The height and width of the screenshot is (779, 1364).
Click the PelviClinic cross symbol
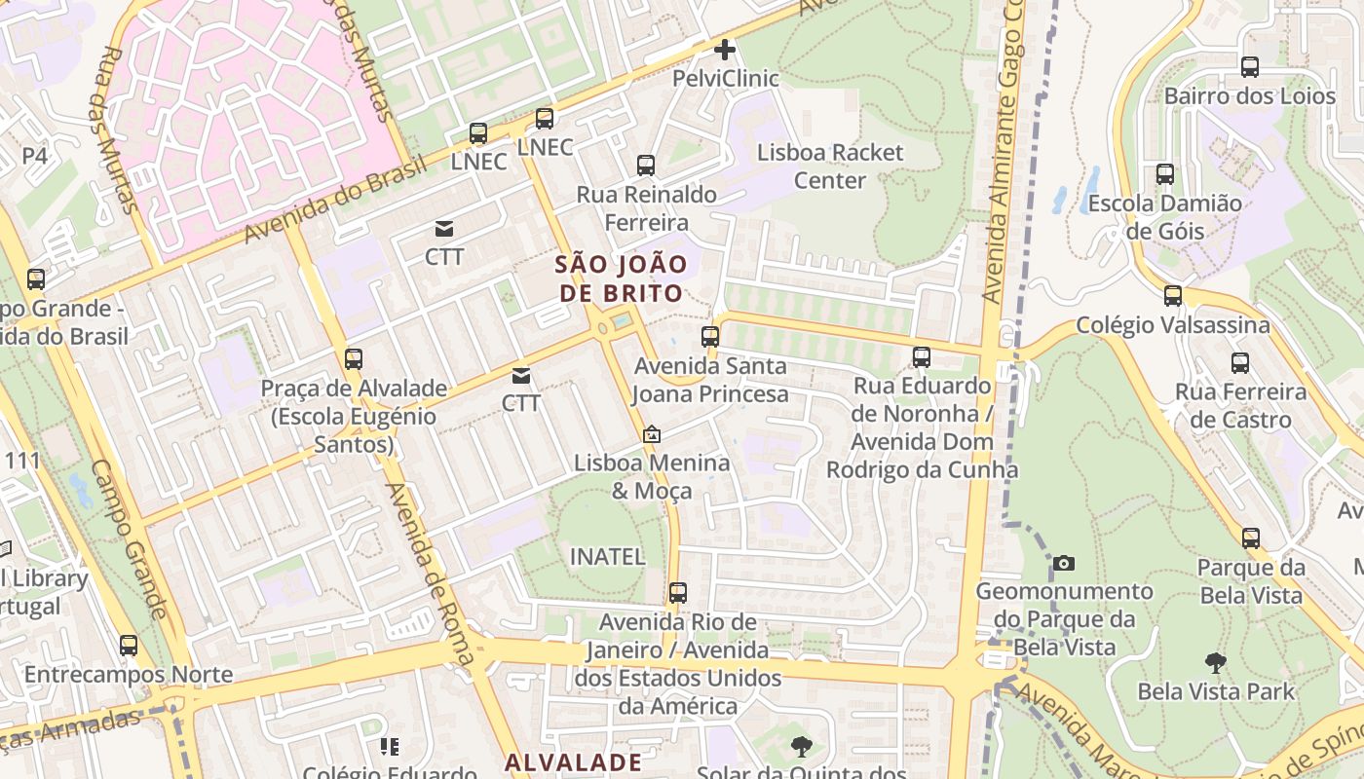pos(725,49)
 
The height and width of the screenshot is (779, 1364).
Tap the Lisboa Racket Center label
pos(830,167)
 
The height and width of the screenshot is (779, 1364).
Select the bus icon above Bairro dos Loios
pos(1249,67)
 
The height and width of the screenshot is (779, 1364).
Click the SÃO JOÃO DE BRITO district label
pos(621,278)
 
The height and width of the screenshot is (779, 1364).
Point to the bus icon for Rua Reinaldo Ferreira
pos(646,166)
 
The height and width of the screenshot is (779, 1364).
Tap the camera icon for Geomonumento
pos(1064,563)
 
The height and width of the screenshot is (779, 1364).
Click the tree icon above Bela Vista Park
pos(1215,663)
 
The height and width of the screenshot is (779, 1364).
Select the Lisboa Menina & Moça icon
pos(652,434)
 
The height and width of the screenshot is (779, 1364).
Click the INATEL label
pos(607,557)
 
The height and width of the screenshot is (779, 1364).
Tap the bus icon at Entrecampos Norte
pos(129,646)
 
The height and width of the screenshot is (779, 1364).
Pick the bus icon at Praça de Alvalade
pos(354,359)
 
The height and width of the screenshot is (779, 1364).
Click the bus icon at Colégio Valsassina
pos(1173,296)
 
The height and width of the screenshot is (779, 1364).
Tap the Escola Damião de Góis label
pos(1164,217)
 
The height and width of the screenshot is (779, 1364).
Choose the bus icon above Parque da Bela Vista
pos(1251,538)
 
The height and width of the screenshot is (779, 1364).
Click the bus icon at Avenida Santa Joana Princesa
pos(710,338)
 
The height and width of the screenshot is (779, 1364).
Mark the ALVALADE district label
pos(573,761)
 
